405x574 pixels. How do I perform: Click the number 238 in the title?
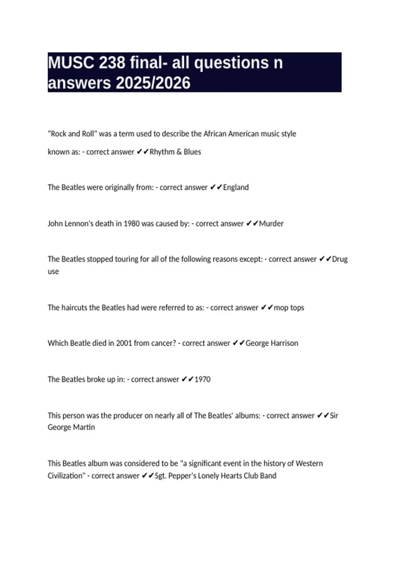[112, 63]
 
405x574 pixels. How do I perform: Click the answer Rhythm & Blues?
[175, 152]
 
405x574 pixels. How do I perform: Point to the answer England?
[236, 187]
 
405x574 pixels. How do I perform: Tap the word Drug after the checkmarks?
[340, 259]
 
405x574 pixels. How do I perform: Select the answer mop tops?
[289, 308]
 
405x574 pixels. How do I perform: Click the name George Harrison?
[272, 343]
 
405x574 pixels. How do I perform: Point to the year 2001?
[124, 343]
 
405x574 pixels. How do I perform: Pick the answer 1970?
[202, 379]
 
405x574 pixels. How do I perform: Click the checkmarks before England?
[216, 187]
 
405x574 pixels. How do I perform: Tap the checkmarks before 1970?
[187, 379]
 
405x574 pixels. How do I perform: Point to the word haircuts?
[74, 308]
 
